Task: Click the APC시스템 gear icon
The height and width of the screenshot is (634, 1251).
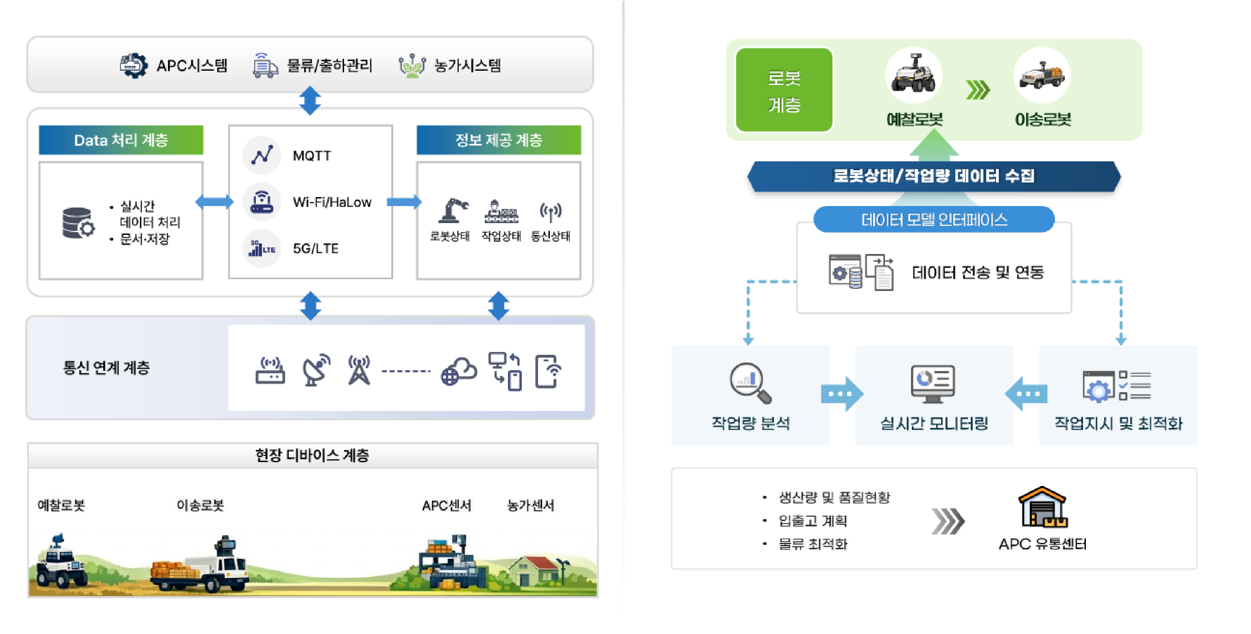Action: click(133, 65)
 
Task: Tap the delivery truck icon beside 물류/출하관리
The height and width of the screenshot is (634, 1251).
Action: click(265, 65)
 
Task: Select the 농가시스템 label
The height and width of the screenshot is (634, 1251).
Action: click(467, 65)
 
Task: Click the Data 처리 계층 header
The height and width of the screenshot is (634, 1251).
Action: click(121, 140)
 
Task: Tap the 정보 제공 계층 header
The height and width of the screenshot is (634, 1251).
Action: click(499, 140)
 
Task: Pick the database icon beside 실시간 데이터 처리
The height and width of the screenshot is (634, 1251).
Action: click(78, 223)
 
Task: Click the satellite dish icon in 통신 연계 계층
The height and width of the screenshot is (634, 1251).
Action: click(316, 370)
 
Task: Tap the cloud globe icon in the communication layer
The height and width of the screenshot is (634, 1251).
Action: click(458, 372)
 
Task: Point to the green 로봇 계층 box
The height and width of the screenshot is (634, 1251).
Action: click(784, 90)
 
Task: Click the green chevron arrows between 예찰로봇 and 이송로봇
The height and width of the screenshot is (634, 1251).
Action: click(978, 90)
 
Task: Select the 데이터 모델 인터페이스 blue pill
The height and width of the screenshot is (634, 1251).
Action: click(933, 220)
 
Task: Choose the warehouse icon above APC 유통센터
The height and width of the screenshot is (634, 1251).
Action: click(1043, 507)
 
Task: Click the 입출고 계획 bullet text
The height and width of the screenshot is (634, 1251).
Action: click(813, 521)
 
